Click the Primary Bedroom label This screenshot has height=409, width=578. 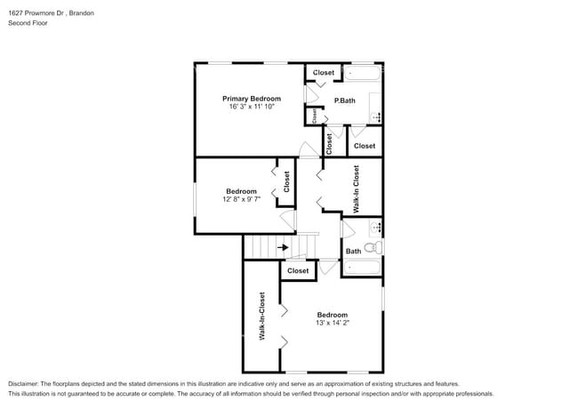(x=252, y=98)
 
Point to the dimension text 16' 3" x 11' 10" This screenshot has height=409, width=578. (x=252, y=106)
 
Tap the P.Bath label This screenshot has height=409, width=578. (x=344, y=100)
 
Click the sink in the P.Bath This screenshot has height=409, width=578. (x=375, y=116)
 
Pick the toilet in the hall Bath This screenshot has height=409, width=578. (x=377, y=247)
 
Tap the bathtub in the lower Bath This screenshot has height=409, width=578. (x=362, y=267)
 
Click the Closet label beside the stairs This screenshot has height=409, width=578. (x=298, y=270)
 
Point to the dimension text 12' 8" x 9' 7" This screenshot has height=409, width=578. (x=241, y=199)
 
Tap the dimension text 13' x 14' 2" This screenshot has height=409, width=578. (x=333, y=323)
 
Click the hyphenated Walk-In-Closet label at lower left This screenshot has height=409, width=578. (x=262, y=317)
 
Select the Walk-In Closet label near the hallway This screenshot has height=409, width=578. (x=356, y=188)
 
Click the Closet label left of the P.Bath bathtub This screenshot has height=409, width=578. (x=324, y=73)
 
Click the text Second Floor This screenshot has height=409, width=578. (x=28, y=23)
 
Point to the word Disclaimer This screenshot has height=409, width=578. (x=27, y=382)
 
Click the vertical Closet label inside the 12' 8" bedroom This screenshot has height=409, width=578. (x=286, y=182)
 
